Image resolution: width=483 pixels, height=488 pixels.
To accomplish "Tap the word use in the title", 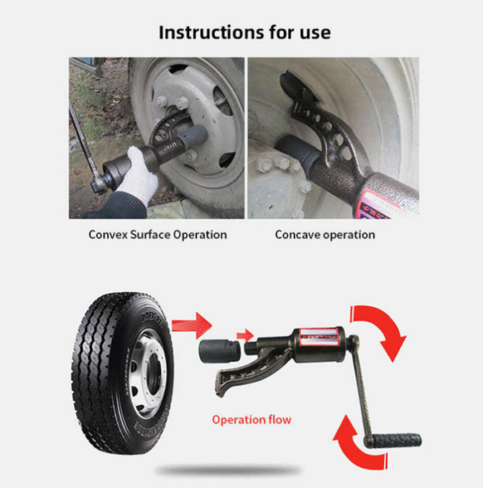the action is coord(315,33).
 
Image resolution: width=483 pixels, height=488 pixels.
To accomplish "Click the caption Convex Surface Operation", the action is coord(158,235).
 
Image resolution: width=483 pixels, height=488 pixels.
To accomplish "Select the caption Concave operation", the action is coord(325,235).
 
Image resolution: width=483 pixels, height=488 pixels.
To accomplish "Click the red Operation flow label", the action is coord(252,420).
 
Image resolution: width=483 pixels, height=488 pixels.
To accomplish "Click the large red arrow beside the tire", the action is coord(192,326).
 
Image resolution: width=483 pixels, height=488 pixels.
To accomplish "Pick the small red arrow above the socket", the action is coord(245,335).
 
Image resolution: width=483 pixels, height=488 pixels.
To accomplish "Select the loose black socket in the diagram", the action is coord(220,351).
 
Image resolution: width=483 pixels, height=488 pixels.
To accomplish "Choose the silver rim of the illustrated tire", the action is coord(147,374).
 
